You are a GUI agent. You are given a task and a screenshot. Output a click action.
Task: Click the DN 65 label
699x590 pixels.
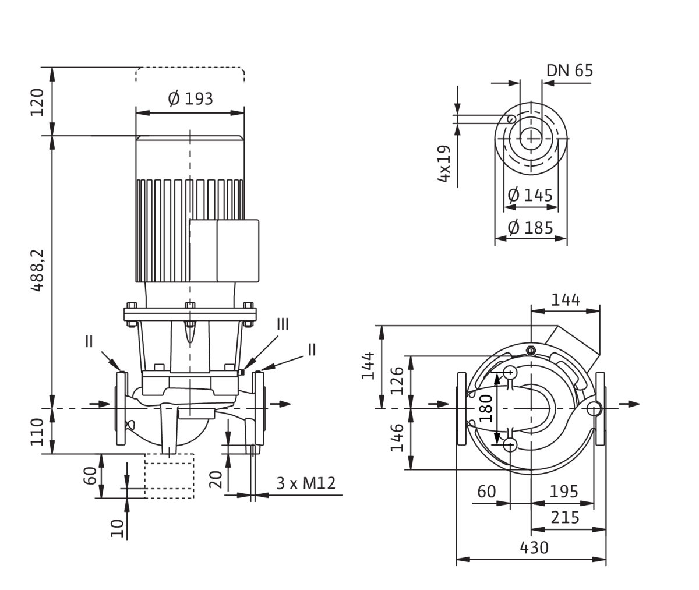tap(570, 70)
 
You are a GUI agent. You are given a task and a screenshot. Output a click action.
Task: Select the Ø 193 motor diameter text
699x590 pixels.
tap(190, 98)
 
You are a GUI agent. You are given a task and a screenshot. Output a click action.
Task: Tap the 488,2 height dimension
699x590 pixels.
tap(37, 270)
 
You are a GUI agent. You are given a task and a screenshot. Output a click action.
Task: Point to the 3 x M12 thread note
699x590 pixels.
tap(306, 483)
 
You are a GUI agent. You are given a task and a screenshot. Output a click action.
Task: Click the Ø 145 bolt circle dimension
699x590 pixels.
tap(530, 195)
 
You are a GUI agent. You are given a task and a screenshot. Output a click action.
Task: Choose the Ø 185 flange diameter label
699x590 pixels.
tap(530, 228)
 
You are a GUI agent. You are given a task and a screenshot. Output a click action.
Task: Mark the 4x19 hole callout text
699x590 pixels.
tap(444, 164)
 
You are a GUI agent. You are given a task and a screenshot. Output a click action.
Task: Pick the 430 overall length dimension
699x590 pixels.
tap(534, 548)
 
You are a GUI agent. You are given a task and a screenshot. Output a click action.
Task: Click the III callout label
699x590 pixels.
tap(283, 324)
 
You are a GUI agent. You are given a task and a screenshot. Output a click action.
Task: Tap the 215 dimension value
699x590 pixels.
tap(565, 517)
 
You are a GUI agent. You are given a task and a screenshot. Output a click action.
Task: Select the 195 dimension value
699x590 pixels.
tap(564, 492)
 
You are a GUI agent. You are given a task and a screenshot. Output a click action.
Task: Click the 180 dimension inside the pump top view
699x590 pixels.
tap(486, 408)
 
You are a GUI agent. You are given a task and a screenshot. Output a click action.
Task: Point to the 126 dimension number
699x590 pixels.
tap(397, 381)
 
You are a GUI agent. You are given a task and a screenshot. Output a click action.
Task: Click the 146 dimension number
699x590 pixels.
tap(397, 437)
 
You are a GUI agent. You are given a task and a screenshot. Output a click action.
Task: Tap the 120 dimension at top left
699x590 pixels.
tap(37, 103)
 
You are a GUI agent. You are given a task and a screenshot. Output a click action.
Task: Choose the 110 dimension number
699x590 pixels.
tap(37, 432)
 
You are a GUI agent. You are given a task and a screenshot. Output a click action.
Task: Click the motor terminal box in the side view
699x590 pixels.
tap(224, 251)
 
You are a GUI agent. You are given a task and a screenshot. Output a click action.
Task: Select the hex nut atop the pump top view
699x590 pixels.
tap(531, 350)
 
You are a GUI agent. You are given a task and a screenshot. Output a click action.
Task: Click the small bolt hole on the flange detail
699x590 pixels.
tap(511, 119)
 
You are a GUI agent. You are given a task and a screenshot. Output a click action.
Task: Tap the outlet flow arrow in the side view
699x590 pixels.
tap(280, 404)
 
